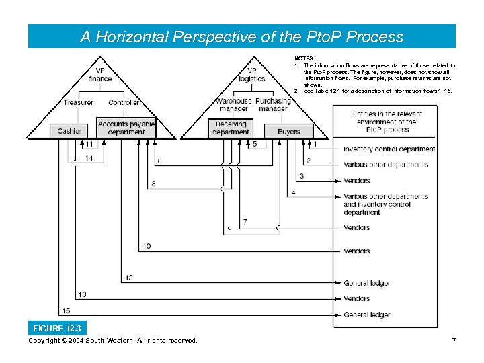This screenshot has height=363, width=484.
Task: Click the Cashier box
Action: (69, 131)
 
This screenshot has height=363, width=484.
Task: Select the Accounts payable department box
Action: (126, 128)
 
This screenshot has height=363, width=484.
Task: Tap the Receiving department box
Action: (231, 128)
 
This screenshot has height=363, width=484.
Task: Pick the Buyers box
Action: (288, 131)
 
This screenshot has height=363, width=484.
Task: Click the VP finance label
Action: (100, 75)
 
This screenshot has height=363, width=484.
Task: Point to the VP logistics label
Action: (252, 75)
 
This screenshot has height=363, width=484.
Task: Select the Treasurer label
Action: (79, 102)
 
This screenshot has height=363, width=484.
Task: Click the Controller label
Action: (124, 102)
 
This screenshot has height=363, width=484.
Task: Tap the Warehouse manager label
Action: (233, 105)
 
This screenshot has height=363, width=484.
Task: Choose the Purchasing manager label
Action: (273, 105)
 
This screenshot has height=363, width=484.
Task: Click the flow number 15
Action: (66, 311)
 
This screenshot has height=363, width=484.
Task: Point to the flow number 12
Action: (128, 278)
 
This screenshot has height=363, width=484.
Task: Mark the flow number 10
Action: (147, 247)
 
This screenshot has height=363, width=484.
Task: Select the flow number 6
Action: (159, 161)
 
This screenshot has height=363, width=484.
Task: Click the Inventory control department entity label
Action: (389, 149)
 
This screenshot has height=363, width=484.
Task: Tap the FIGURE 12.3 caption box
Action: (56, 328)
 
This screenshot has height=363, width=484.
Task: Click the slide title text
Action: (241, 37)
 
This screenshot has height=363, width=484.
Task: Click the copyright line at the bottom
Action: (113, 341)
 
